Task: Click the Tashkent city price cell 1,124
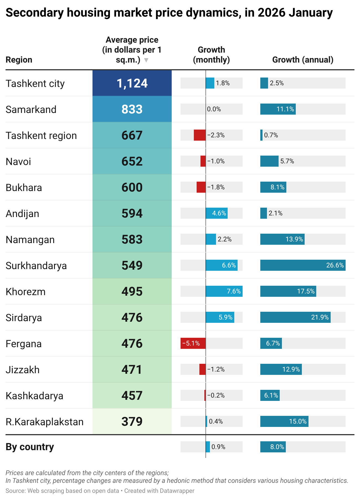(132, 83)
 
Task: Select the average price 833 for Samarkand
(132, 109)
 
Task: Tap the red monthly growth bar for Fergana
(193, 343)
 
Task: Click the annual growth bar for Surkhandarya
(303, 265)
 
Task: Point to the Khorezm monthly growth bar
(224, 291)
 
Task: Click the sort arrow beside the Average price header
(146, 60)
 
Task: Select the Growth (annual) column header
(303, 60)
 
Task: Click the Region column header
(19, 60)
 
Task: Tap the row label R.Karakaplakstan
(45, 422)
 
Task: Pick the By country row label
(30, 447)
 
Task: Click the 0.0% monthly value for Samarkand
(214, 109)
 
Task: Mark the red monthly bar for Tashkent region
(199, 135)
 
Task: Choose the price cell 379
(132, 421)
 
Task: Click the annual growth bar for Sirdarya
(295, 317)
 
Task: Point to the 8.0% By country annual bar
(273, 447)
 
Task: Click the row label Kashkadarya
(34, 396)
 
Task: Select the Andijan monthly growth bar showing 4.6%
(217, 213)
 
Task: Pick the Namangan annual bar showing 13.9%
(282, 239)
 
